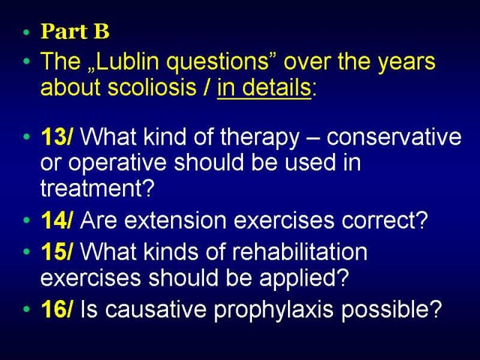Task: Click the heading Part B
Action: pyautogui.click(x=75, y=31)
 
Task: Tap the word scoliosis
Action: pyautogui.click(x=152, y=87)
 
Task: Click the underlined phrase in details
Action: pyautogui.click(x=264, y=88)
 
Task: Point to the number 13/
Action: pyautogui.click(x=57, y=137)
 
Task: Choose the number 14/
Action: pyautogui.click(x=57, y=220)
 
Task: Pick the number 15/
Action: pyautogui.click(x=57, y=252)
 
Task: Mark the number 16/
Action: pyautogui.click(x=57, y=308)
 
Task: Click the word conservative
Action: pyautogui.click(x=394, y=137)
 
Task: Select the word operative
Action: pyautogui.click(x=117, y=163)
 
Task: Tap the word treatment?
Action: pyautogui.click(x=97, y=188)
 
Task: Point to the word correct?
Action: pyautogui.click(x=385, y=221)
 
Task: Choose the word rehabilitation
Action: pyautogui.click(x=299, y=252)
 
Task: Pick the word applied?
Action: pyautogui.click(x=304, y=279)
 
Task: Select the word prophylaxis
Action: pyautogui.click(x=274, y=310)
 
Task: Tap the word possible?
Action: pyautogui.click(x=392, y=309)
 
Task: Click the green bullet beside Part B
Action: pyautogui.click(x=26, y=32)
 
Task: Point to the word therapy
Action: pyautogui.click(x=259, y=138)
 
